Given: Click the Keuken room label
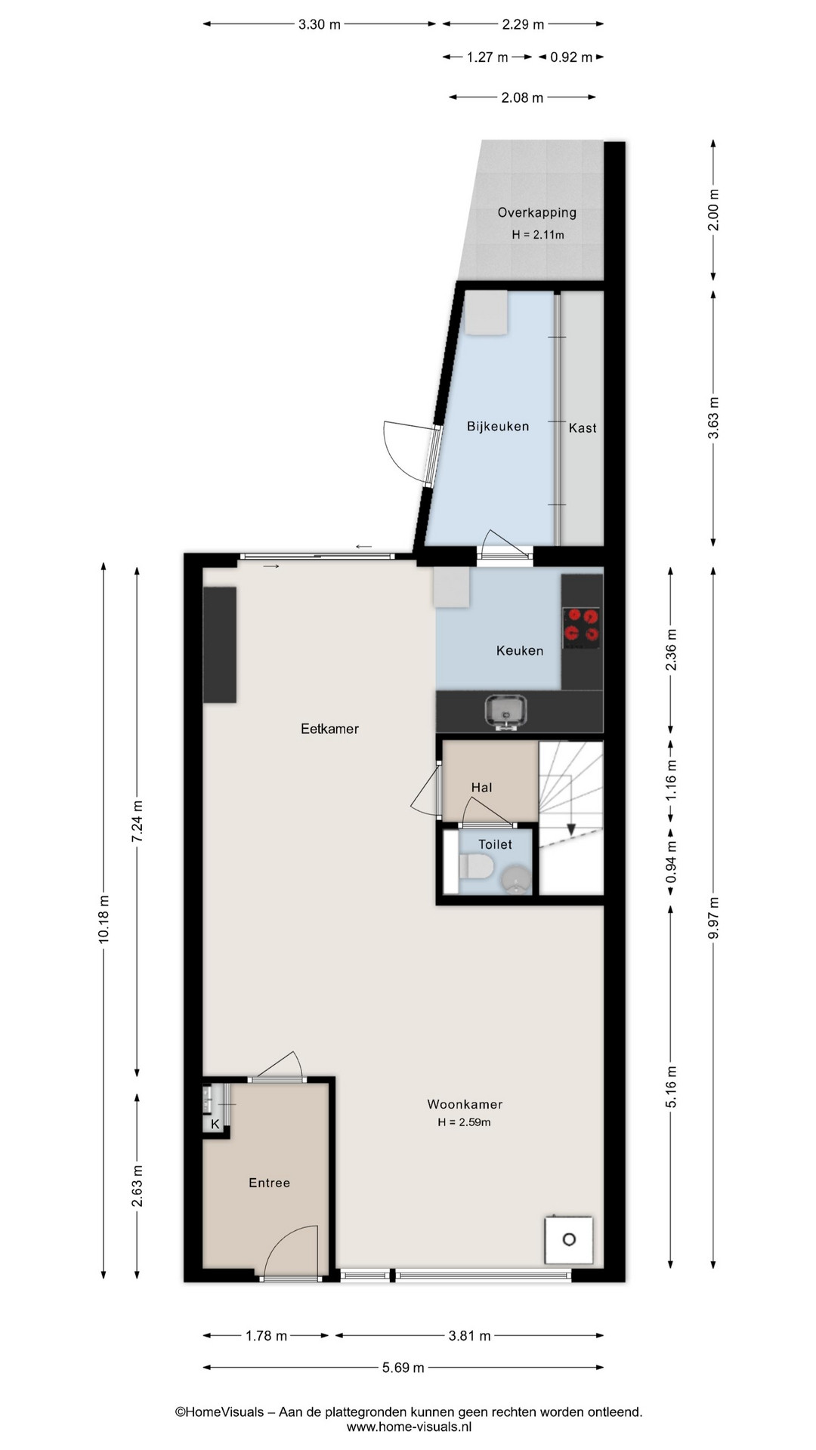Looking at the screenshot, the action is pyautogui.click(x=520, y=650).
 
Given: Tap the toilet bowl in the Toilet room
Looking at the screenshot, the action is pyautogui.click(x=475, y=866).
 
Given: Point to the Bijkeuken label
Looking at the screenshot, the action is pyautogui.click(x=498, y=427).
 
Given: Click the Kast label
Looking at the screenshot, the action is pyautogui.click(x=583, y=428).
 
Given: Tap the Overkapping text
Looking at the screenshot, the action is pyautogui.click(x=536, y=213).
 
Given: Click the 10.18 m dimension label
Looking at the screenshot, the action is pyautogui.click(x=104, y=918).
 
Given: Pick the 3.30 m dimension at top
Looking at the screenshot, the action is pyautogui.click(x=320, y=24).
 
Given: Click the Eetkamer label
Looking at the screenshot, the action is pyautogui.click(x=329, y=729).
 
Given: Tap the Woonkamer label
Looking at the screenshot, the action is pyautogui.click(x=465, y=1104).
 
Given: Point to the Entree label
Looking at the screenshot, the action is pyautogui.click(x=270, y=1183).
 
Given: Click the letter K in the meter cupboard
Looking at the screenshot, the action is pyautogui.click(x=215, y=1124).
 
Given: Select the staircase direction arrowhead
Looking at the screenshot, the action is pyautogui.click(x=571, y=828).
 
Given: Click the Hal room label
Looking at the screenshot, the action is pyautogui.click(x=481, y=788).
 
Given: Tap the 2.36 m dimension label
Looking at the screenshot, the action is pyautogui.click(x=671, y=649).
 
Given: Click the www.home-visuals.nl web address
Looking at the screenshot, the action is pyautogui.click(x=409, y=1427).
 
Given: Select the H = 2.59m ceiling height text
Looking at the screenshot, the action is pyautogui.click(x=464, y=1122).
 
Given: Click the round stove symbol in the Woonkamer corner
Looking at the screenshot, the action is pyautogui.click(x=569, y=1239).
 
